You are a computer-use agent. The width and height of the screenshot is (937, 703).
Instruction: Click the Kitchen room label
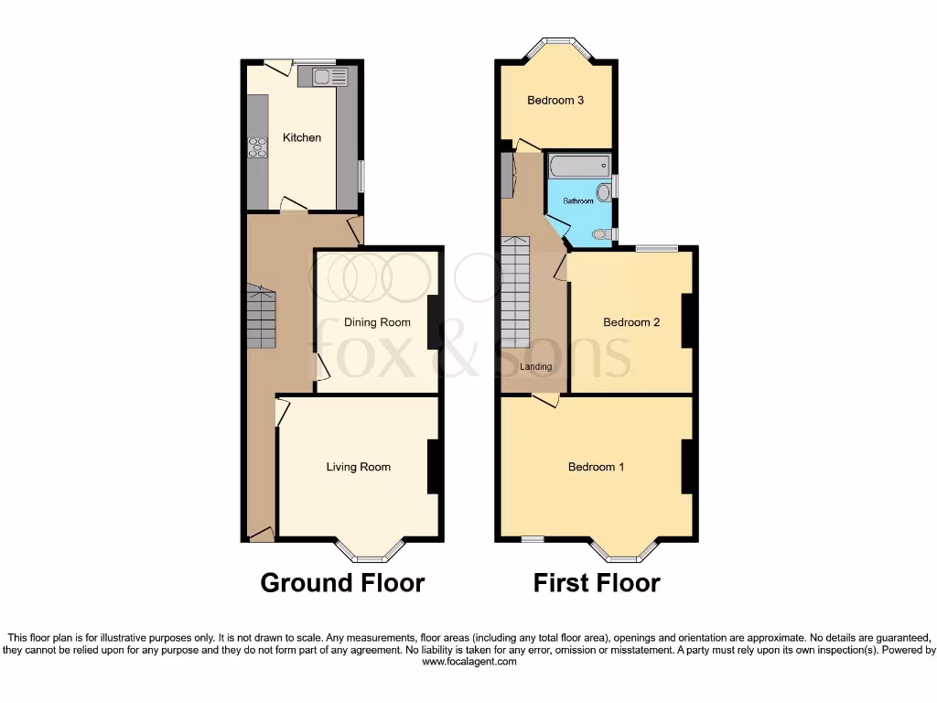(302, 137)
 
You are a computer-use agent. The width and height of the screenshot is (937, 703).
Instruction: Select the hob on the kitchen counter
(257, 146)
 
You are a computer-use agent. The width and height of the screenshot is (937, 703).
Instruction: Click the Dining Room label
(377, 322)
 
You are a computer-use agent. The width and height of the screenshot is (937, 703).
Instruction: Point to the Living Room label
(359, 467)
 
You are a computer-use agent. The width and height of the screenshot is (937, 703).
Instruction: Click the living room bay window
(370, 549)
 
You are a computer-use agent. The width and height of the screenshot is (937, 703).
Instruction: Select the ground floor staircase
(261, 316)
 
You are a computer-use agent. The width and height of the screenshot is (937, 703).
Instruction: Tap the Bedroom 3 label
(555, 101)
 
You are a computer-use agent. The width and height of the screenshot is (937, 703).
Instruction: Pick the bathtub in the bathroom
(578, 168)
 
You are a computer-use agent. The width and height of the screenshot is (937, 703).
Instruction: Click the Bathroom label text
(577, 200)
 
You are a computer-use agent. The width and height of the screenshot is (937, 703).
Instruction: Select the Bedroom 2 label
(631, 322)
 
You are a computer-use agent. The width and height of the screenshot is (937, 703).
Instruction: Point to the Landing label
(536, 367)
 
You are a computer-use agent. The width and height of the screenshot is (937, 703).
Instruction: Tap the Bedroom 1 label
(597, 467)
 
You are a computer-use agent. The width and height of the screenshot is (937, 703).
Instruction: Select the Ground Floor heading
(342, 583)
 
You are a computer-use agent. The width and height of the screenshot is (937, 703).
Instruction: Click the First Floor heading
(597, 583)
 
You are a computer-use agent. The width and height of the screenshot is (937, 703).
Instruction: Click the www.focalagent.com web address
(468, 662)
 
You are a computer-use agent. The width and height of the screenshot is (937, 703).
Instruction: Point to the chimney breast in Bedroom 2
(687, 320)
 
